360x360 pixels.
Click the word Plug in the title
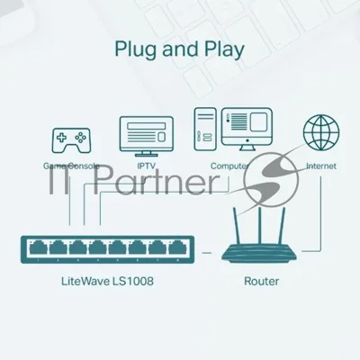[x=136, y=49]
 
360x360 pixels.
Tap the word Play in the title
[x=224, y=49]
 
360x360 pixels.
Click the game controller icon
[x=71, y=140]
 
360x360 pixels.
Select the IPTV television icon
[x=146, y=137]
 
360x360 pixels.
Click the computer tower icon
[x=205, y=129]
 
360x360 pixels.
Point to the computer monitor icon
[x=247, y=130]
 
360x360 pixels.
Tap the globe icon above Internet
[x=321, y=132]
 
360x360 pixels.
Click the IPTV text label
[x=147, y=166]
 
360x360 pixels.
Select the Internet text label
[x=321, y=166]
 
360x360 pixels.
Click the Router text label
[x=262, y=282]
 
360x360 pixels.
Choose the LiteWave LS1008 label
[x=107, y=282]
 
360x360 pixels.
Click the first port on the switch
[x=38, y=248]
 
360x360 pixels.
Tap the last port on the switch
[x=177, y=248]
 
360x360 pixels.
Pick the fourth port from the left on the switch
[x=98, y=248]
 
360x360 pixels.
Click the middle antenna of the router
[x=260, y=225]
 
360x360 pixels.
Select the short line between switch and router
[x=207, y=253]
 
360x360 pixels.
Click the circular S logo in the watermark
[x=271, y=179]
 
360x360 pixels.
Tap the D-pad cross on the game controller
[x=62, y=138]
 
